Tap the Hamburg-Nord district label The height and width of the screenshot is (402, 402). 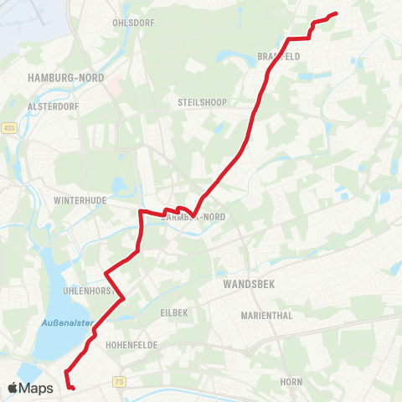[x=66, y=77]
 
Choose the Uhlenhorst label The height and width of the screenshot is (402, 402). [x=88, y=291]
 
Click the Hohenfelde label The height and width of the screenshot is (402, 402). [x=127, y=344]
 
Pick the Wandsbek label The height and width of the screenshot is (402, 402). [x=250, y=285]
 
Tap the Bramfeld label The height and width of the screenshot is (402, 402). [x=278, y=56]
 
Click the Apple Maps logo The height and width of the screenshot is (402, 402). [x=31, y=388]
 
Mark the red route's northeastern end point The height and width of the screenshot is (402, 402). [x=335, y=13]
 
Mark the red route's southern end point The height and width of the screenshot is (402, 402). [x=73, y=388]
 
